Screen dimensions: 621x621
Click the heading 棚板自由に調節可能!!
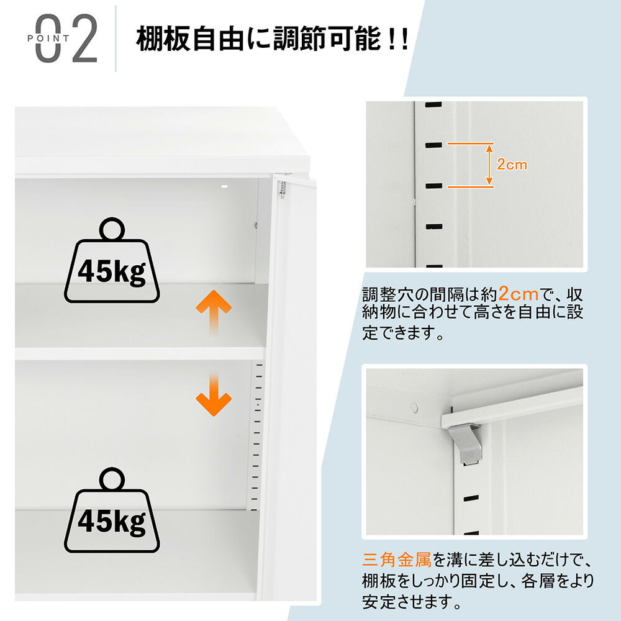pos(272,39)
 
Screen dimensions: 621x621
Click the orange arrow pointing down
pos(214,394)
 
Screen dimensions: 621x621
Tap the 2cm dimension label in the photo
pos(512,165)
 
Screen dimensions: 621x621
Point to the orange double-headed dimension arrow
pos(489,165)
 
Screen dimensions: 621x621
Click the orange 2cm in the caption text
pos(514,292)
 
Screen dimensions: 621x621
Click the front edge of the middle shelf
pos(140,353)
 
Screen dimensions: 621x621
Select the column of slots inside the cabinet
pos(255,435)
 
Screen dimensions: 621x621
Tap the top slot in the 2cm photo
pos(433,104)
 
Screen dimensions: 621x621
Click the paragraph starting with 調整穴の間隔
pos(472,313)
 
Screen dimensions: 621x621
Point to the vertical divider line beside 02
pos(116,39)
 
